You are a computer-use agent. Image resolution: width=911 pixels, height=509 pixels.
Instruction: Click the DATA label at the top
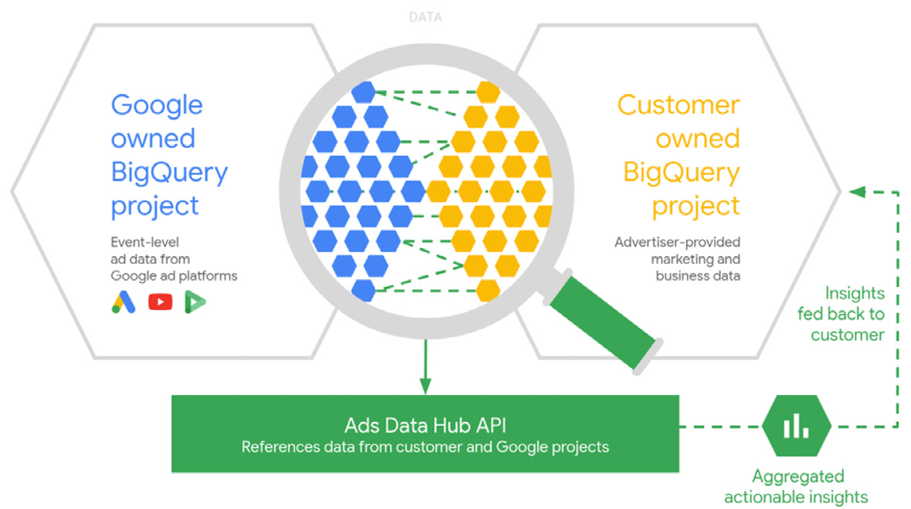425,17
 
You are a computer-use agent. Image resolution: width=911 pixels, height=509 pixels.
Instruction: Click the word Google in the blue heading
157,105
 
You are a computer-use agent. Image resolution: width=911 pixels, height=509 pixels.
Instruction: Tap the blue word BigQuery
169,172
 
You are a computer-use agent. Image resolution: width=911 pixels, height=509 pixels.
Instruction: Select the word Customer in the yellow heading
679,105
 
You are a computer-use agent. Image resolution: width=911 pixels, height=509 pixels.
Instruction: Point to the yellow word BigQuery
681,172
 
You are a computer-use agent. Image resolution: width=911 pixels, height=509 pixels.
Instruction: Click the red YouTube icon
161,302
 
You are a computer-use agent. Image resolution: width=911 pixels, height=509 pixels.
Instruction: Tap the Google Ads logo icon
123,302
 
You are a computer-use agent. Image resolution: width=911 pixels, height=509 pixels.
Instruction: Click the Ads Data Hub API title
425,426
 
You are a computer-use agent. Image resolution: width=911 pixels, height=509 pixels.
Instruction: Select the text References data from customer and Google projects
425,447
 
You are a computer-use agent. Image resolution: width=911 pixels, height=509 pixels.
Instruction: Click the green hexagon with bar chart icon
796,426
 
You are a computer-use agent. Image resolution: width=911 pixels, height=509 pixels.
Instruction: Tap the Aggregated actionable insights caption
798,487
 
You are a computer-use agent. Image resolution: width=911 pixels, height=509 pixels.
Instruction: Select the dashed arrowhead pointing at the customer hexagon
857,191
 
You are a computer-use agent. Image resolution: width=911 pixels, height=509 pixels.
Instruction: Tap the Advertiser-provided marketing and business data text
677,258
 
